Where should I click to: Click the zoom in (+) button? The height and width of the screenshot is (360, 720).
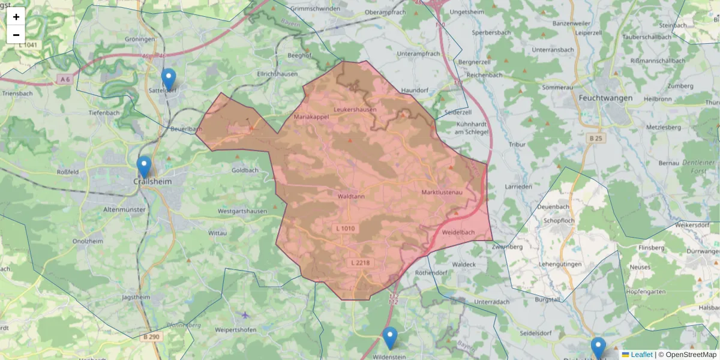(x=16, y=17)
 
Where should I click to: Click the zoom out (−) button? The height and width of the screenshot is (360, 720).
(x=16, y=35)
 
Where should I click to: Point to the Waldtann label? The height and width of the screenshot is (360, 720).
(x=351, y=196)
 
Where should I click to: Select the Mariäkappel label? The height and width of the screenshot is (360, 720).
(x=311, y=117)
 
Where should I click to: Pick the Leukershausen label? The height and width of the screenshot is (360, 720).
(x=355, y=110)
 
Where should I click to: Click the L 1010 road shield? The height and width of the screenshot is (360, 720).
(x=345, y=228)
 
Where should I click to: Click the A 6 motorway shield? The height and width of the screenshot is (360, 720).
(x=65, y=79)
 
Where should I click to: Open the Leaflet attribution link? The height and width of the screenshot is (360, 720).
(x=641, y=355)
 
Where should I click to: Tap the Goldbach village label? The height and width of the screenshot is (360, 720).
(x=245, y=170)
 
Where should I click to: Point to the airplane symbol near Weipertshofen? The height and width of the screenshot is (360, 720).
(x=245, y=315)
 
